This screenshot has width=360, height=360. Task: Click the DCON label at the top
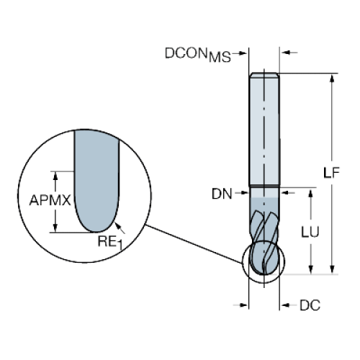[x=186, y=53]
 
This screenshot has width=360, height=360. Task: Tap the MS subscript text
[x=220, y=58]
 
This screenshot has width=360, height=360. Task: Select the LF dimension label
[x=331, y=173]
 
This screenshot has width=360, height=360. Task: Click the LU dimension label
[x=310, y=232]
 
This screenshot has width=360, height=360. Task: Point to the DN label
[x=222, y=194]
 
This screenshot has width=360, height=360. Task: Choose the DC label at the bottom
[x=310, y=305]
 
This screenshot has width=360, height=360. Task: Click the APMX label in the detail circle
[x=50, y=200]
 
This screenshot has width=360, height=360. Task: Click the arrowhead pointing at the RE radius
[x=117, y=225]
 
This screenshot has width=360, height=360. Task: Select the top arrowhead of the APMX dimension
[x=55, y=176]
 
